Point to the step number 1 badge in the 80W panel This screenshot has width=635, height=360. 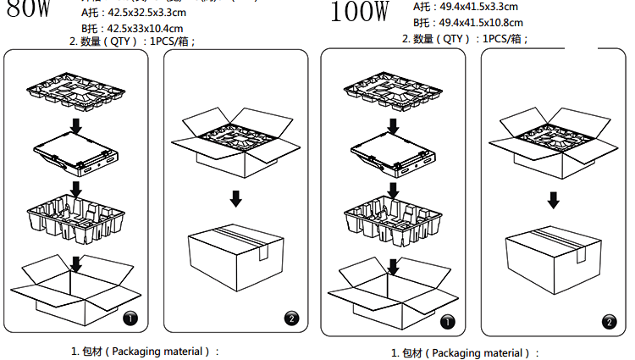130,318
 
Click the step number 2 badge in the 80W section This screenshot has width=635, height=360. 291,318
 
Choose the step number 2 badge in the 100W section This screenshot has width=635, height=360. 608,321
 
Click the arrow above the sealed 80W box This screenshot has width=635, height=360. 236,198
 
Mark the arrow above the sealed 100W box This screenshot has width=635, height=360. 553,199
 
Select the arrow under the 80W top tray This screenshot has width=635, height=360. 75,125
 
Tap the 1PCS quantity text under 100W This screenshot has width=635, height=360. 505,38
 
